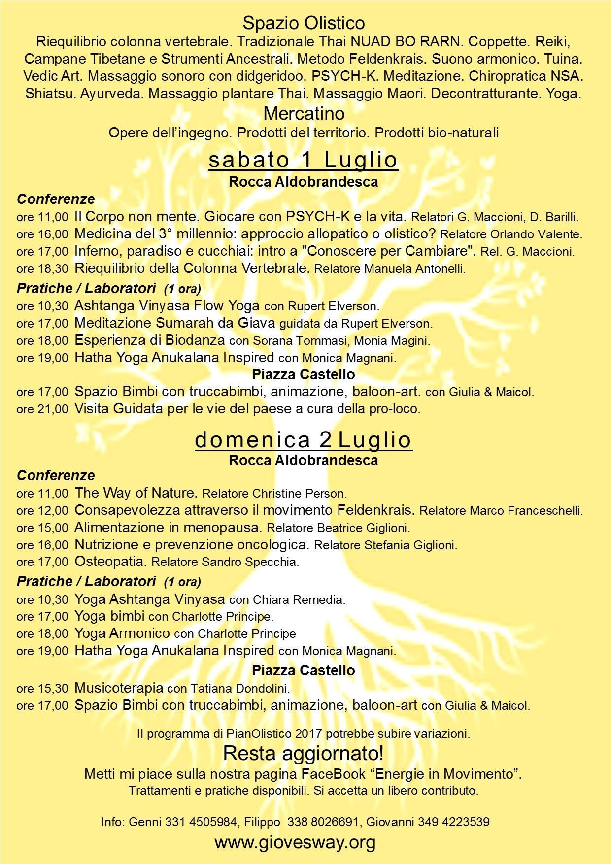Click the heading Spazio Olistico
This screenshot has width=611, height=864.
[x=304, y=23]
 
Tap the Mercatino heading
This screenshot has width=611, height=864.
[x=304, y=113]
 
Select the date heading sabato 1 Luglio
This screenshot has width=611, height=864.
[x=304, y=160]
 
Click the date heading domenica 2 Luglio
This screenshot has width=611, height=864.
[x=304, y=439]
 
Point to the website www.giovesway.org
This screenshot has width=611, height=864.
[x=295, y=842]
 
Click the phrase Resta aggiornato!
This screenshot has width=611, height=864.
[x=304, y=753]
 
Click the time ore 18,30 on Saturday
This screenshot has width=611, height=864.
[x=42, y=269]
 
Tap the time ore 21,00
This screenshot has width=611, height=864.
[x=42, y=409]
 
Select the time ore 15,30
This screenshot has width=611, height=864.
[x=42, y=688]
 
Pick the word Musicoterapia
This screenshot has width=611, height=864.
[x=119, y=687]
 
